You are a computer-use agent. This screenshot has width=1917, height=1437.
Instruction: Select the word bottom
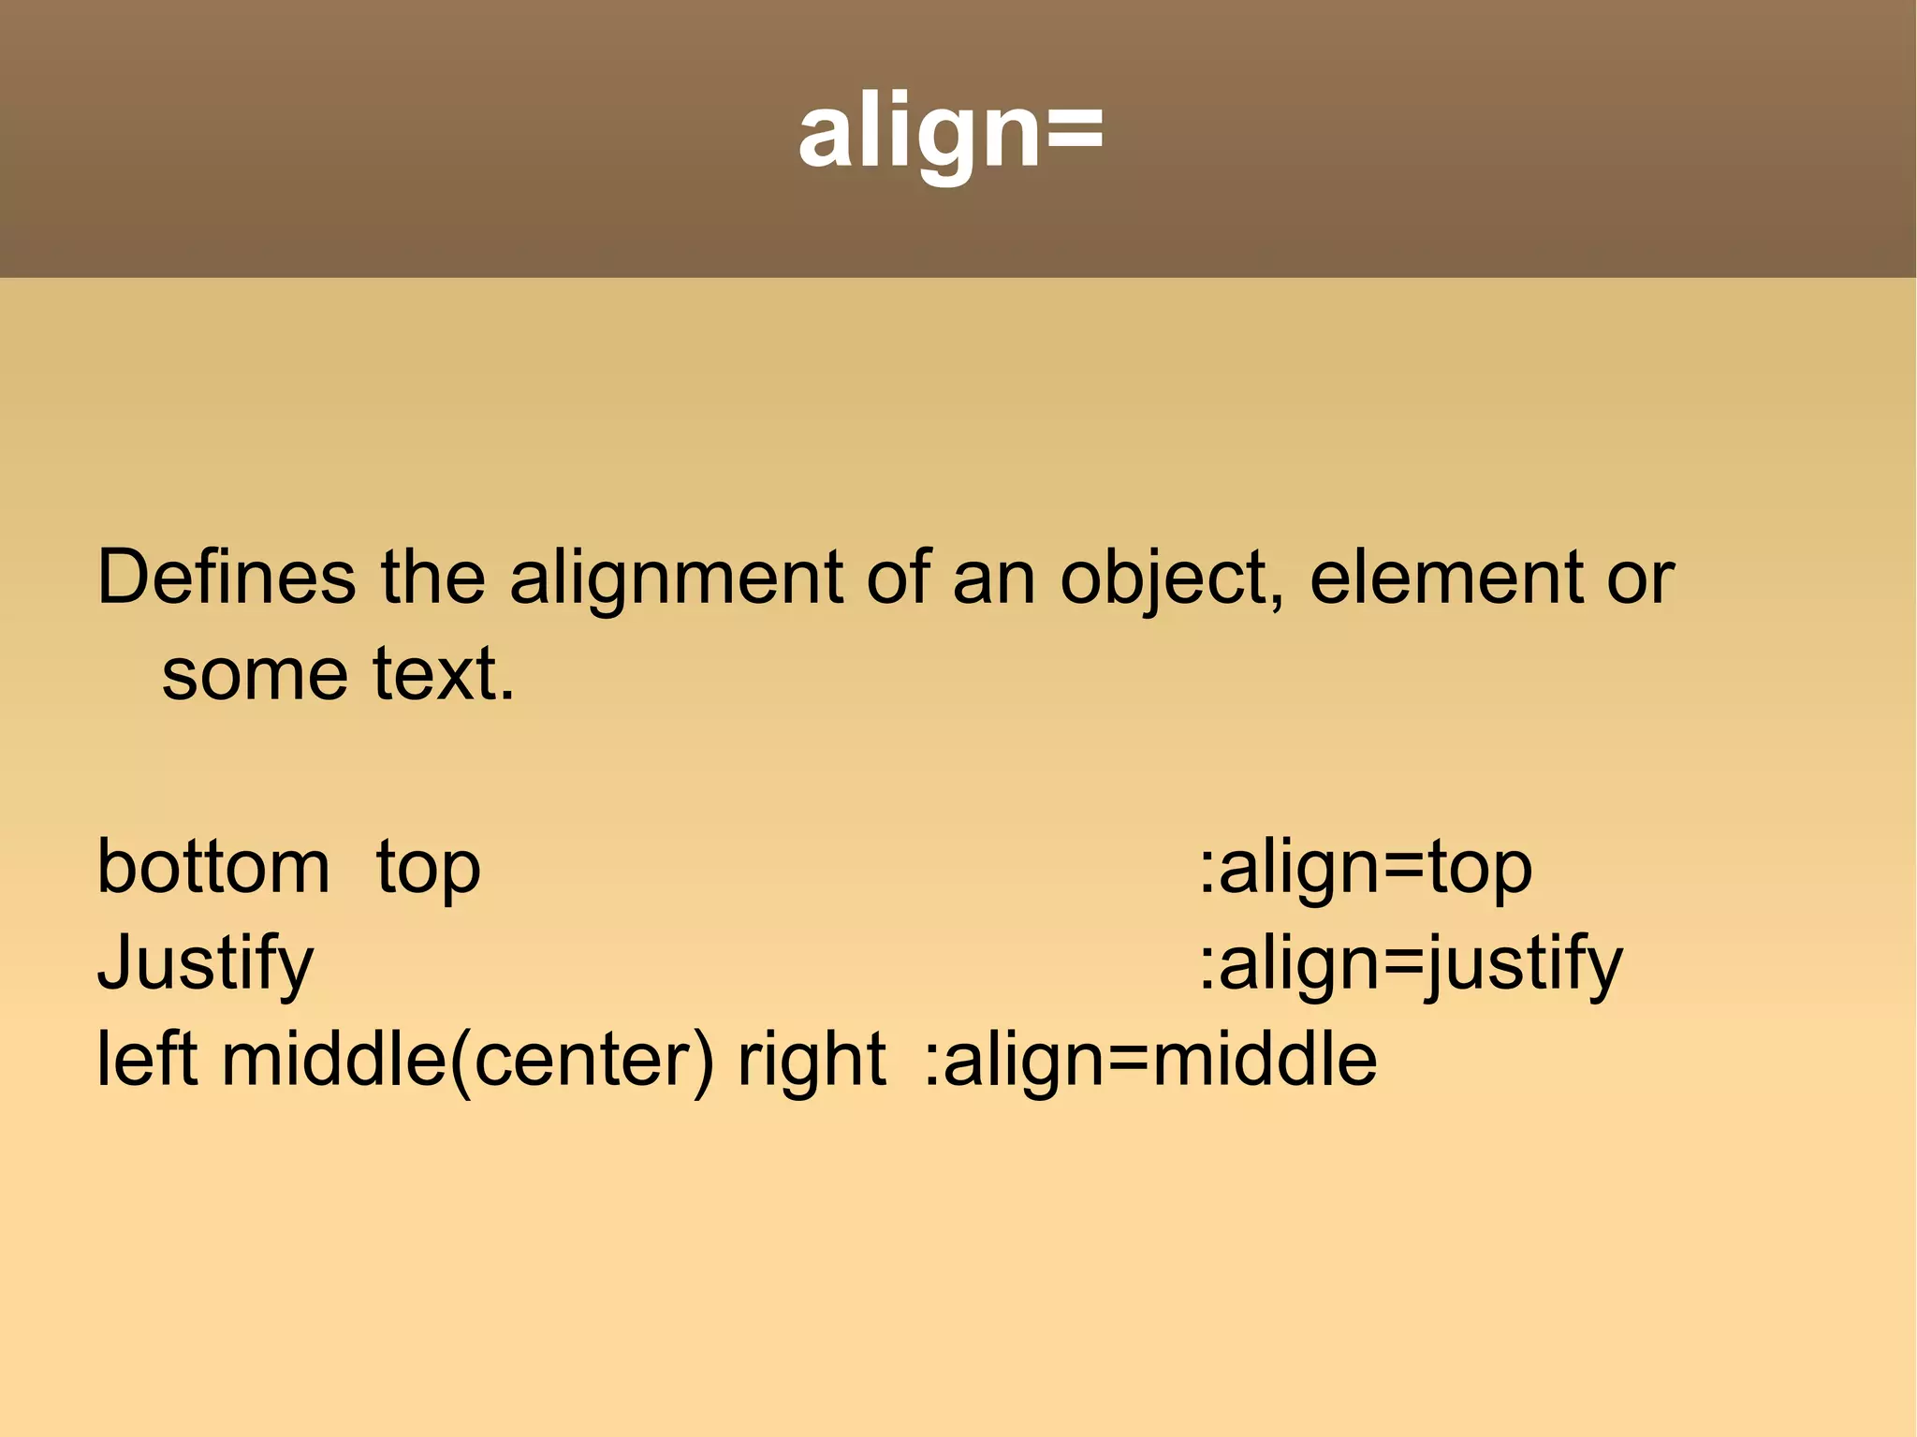213,867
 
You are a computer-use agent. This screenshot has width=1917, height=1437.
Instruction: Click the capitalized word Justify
206,964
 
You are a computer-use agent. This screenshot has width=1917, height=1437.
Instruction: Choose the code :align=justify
1411,964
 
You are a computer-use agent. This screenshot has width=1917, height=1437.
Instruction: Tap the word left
147,1060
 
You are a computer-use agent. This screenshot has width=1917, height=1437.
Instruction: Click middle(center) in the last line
468,1062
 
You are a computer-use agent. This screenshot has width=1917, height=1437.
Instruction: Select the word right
812,1062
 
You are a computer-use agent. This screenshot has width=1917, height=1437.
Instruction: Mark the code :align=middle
1150,1060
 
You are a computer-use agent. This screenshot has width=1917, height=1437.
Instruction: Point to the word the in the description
433,578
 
